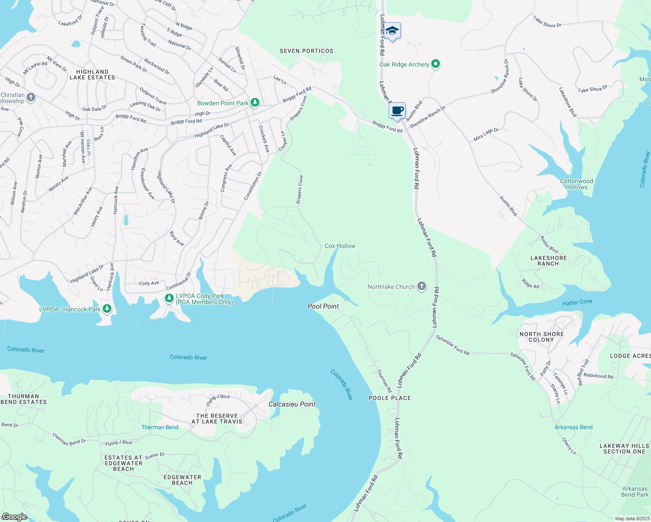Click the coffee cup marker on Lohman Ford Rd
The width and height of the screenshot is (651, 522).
click(397, 111)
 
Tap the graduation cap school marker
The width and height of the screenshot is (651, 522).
click(392, 31)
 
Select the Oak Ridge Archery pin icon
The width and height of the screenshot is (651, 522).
click(436, 64)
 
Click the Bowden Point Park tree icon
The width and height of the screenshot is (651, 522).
click(255, 103)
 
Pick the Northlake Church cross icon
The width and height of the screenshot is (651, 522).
click(421, 286)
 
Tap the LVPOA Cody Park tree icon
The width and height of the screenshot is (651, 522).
click(169, 298)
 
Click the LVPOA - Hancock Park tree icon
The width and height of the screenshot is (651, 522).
click(107, 309)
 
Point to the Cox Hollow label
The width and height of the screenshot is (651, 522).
click(340, 246)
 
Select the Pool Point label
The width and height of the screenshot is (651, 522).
click(323, 306)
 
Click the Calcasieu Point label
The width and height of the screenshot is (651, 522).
click(292, 404)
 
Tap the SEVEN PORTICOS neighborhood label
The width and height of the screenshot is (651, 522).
click(306, 51)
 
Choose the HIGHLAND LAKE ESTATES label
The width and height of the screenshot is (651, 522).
click(92, 75)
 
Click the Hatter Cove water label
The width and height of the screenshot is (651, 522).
click(577, 302)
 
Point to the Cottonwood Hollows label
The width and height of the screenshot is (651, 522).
click(577, 184)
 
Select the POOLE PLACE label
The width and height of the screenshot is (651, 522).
click(389, 398)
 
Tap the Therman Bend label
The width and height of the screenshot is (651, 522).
click(160, 427)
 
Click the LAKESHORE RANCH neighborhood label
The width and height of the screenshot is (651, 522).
click(548, 261)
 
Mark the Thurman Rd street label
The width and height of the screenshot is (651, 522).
click(384, 381)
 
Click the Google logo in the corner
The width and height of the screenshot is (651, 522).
click(14, 517)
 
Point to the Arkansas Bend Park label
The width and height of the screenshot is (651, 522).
click(634, 492)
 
